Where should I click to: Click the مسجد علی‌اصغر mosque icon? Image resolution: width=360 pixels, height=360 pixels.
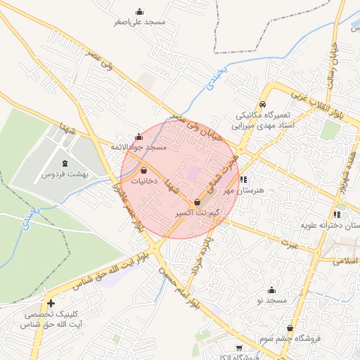pyautogui.click(x=139, y=11)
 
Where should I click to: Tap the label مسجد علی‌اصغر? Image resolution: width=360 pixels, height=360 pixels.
pyautogui.click(x=140, y=22)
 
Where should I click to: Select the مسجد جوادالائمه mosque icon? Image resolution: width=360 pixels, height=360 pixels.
pyautogui.click(x=139, y=136)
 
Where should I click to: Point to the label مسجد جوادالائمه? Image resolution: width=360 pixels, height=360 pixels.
pyautogui.click(x=139, y=148)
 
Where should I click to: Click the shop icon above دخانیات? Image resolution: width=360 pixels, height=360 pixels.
pyautogui.click(x=144, y=170)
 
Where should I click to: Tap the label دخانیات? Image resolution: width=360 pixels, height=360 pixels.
pyautogui.click(x=144, y=181)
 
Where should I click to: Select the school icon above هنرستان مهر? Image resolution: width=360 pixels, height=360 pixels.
pyautogui.click(x=243, y=179)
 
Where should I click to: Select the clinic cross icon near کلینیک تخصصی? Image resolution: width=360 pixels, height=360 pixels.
pyautogui.click(x=51, y=304)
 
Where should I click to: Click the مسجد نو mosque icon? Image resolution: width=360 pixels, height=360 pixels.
pyautogui.click(x=272, y=290)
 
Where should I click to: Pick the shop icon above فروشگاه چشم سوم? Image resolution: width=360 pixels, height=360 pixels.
pyautogui.click(x=290, y=328)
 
